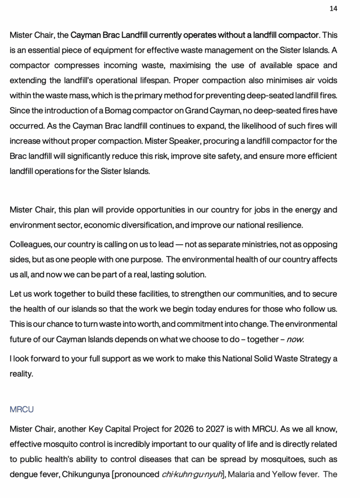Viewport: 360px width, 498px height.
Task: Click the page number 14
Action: click(x=333, y=8)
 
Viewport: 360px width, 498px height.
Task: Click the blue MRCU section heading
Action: click(x=21, y=409)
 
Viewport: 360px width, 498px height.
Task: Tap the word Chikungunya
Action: click(x=86, y=474)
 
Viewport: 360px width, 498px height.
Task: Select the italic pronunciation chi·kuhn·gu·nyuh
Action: click(x=191, y=474)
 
